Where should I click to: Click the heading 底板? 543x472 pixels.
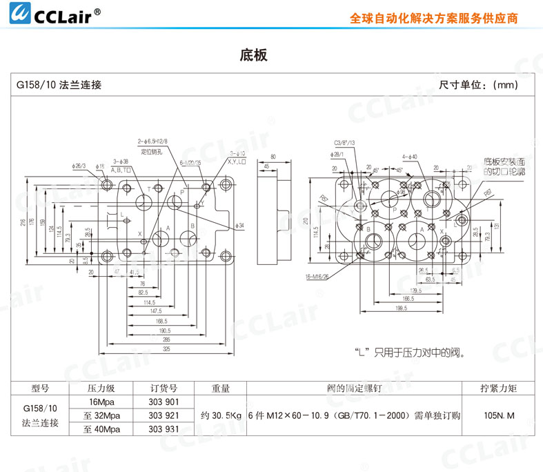pos(253,55)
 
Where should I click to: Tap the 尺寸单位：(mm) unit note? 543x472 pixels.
pos(478,85)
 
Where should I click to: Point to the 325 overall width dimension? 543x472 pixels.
pos(167,349)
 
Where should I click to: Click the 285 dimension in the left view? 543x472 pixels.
pos(167,340)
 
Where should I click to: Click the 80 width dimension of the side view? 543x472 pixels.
pos(273,157)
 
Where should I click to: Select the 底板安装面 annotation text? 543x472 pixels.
pos(505,161)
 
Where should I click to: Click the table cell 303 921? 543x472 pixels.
pos(164,415)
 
